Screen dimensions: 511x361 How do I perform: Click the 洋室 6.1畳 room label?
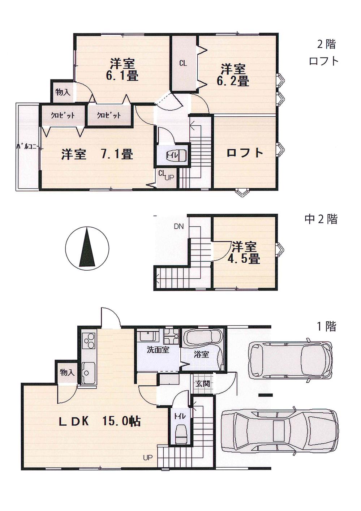[x=123, y=70]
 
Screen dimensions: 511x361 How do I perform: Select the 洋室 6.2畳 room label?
[x=233, y=75]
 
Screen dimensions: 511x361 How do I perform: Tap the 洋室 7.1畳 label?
[x=97, y=154]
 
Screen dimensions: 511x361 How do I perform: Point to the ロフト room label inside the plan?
[x=245, y=153]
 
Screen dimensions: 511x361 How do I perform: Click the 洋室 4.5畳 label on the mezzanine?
[x=245, y=253]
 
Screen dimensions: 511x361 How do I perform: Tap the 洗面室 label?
[x=158, y=350]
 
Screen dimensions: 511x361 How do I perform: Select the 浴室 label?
[x=201, y=354]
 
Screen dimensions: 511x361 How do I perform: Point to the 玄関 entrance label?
[x=202, y=384]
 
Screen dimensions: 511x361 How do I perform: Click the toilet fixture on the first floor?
[x=180, y=435]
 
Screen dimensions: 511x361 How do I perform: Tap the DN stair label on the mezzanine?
[x=179, y=227]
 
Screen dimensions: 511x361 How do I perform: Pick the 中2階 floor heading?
[x=321, y=219]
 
